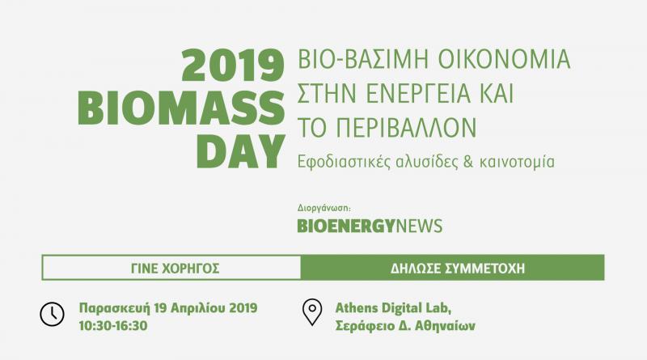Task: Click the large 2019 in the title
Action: pos(233,66)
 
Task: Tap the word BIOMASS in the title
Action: pos(181,108)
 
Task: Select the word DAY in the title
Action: pos(241,151)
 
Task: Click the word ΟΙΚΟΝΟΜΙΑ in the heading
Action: pos(504,59)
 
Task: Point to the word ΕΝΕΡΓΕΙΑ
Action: pos(418,93)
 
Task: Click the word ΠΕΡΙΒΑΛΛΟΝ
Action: pos(406,128)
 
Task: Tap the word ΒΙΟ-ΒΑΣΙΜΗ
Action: pos(362,59)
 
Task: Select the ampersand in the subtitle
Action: pos(468,162)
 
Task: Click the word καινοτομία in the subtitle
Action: pos(517,162)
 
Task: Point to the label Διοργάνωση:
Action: pos(324,208)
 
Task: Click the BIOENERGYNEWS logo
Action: pos(370,226)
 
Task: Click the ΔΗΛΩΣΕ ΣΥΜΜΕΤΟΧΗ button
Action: pos(453,268)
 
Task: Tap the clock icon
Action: pos(52,314)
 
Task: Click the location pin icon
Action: pos(312,312)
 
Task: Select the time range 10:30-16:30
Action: pos(113,326)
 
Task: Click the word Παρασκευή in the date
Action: pos(114,308)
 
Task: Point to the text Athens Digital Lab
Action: pos(393,308)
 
